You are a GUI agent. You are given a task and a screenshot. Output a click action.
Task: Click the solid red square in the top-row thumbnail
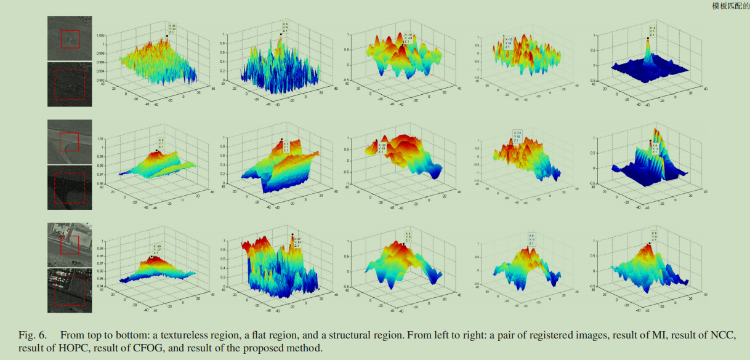tap(70, 39)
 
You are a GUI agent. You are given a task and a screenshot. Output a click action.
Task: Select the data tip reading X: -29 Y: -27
tap(156, 249)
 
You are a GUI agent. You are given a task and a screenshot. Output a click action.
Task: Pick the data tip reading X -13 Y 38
tap(509, 42)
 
